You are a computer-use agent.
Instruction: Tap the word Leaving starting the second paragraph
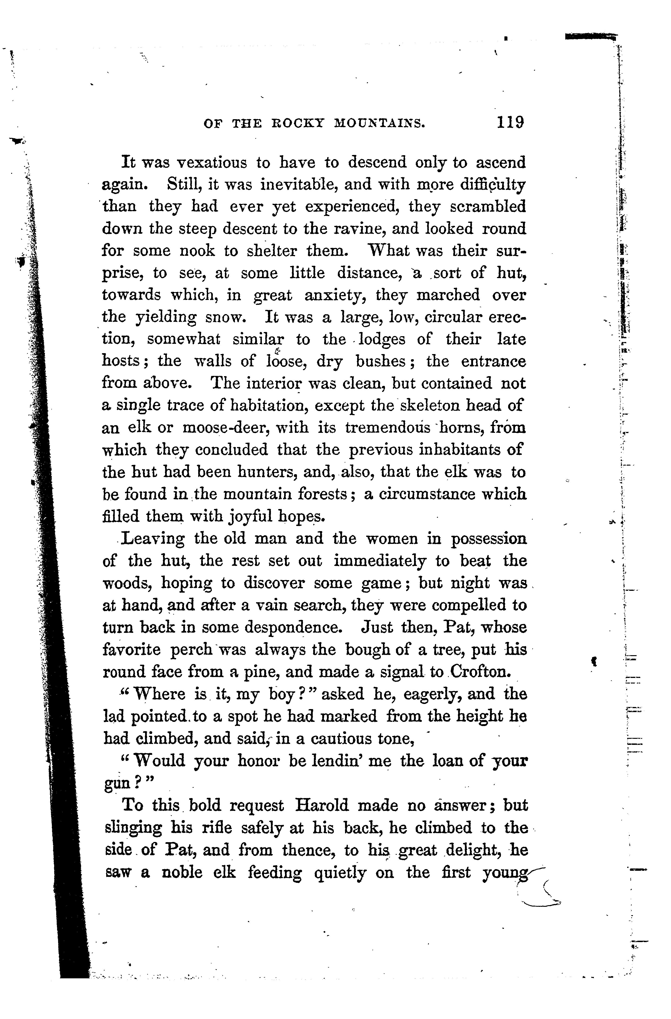(153, 539)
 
